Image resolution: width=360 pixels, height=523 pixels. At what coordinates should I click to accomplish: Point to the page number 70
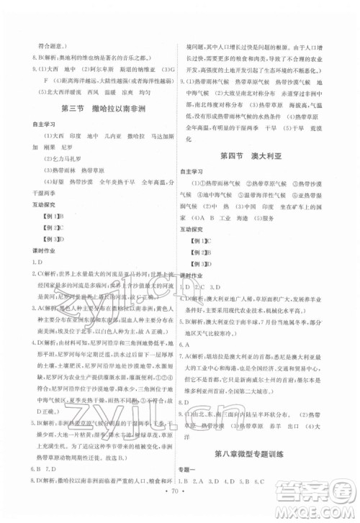point(179,512)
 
